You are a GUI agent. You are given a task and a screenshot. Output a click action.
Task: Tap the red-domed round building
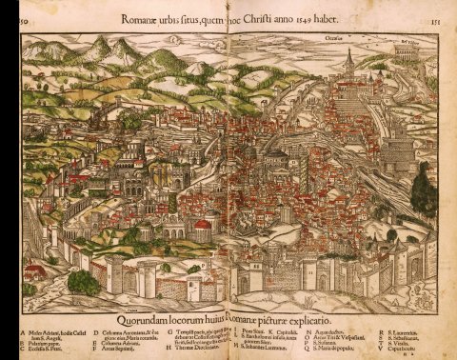click(x=202, y=228)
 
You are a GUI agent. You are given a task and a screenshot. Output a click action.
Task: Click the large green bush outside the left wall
click(x=82, y=281)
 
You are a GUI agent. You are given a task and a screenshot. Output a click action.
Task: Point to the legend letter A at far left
click(x=22, y=324)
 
